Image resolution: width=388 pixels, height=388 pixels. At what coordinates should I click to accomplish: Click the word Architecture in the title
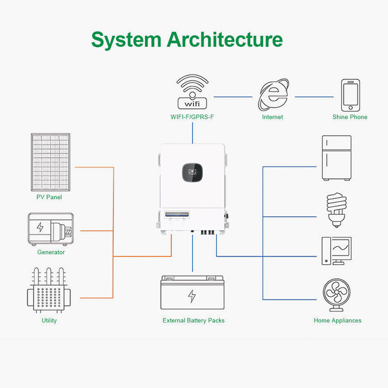(x=225, y=39)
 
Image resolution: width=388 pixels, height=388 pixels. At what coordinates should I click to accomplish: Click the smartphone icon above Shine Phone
(x=350, y=95)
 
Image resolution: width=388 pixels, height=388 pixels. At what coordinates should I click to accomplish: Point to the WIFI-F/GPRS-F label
(x=193, y=117)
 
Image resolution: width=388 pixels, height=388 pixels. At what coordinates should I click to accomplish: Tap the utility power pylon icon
(x=49, y=291)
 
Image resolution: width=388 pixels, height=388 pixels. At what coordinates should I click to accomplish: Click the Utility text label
(x=49, y=321)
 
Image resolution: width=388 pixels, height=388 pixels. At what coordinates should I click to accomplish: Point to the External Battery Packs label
(x=194, y=321)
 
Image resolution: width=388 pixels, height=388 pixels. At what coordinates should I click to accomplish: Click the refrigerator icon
(x=337, y=158)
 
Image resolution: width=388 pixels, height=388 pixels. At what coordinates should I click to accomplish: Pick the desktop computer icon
(x=336, y=251)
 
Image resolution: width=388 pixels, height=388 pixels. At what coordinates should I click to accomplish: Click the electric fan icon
(x=337, y=295)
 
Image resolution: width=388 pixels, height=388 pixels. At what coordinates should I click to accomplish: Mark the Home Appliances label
(x=338, y=321)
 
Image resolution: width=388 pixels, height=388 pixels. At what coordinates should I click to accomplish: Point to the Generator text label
(x=51, y=252)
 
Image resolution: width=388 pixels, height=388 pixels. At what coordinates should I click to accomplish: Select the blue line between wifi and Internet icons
(x=233, y=97)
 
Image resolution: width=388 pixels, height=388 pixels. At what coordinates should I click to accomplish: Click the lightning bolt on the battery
(x=192, y=296)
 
